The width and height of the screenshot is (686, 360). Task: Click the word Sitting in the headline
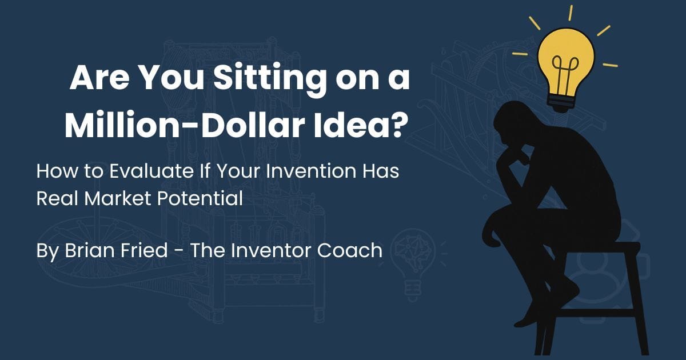pos(270,78)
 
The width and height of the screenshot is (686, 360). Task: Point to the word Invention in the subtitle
pos(311,171)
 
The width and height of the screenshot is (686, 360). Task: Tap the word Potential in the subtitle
pos(200,198)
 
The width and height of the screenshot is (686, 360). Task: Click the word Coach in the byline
pos(350,250)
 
